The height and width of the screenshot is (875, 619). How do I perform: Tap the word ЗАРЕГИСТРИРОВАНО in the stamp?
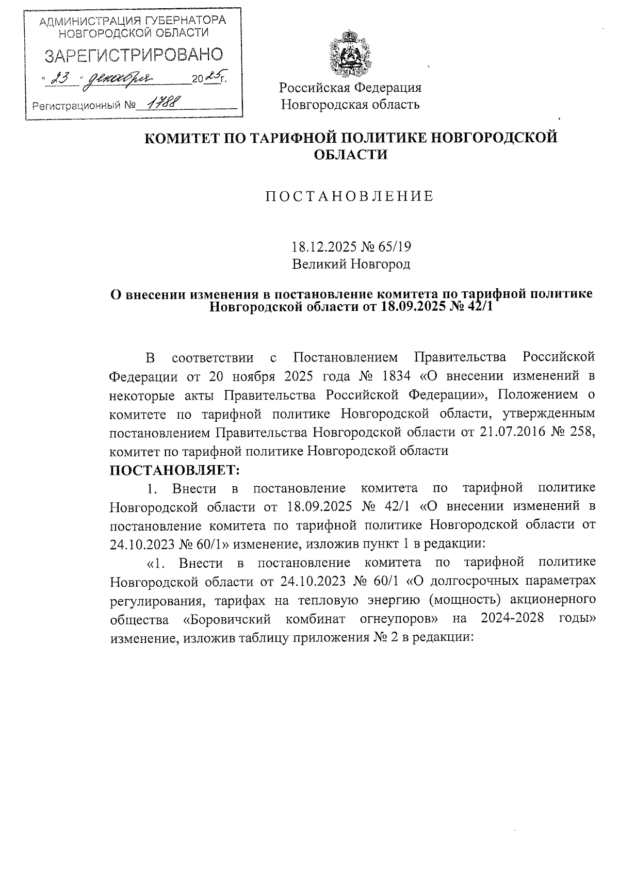[134, 55]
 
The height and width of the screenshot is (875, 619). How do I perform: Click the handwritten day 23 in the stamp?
[61, 79]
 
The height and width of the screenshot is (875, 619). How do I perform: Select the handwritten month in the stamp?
[120, 79]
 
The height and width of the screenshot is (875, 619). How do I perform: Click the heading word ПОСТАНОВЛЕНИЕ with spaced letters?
[350, 196]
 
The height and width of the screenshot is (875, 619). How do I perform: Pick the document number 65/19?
[394, 246]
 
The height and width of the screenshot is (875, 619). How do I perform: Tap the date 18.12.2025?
[322, 246]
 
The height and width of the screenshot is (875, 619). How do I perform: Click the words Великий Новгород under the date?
[351, 265]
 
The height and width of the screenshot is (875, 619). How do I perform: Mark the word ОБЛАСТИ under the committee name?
[351, 155]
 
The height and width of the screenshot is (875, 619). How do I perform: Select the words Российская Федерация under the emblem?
[350, 87]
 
